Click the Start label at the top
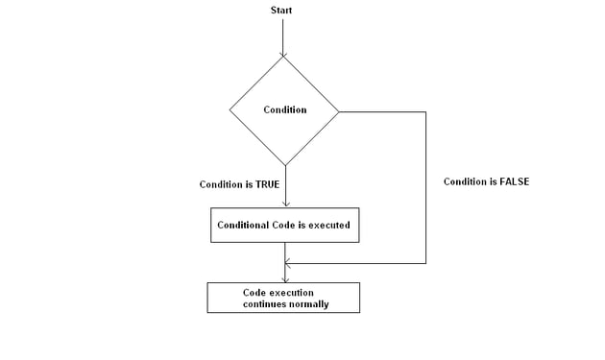pyautogui.click(x=281, y=11)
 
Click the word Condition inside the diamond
pyautogui.click(x=285, y=109)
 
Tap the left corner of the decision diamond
pyautogui.click(x=230, y=109)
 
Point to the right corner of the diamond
pyautogui.click(x=340, y=110)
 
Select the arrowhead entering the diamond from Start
pyautogui.click(x=283, y=52)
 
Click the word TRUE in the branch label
pyautogui.click(x=267, y=184)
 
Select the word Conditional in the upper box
pyautogui.click(x=244, y=226)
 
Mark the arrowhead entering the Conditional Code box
pyautogui.click(x=285, y=204)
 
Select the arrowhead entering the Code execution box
pyautogui.click(x=284, y=278)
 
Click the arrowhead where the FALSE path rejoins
pyautogui.click(x=288, y=262)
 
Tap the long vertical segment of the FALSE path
pyautogui.click(x=425, y=192)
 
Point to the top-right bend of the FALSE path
pyautogui.click(x=425, y=112)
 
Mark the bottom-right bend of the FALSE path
pyautogui.click(x=425, y=262)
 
